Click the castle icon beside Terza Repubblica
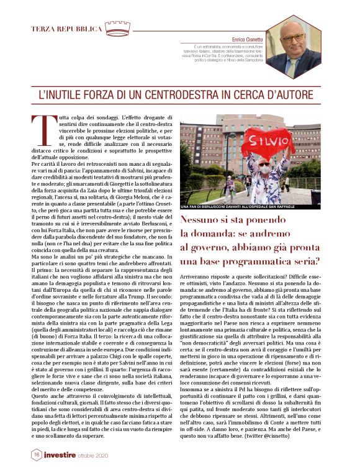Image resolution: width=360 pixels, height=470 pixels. coord(117,27)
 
